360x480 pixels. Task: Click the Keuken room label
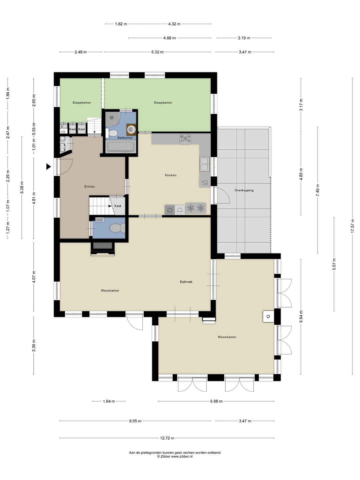[170, 175]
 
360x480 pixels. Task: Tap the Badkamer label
[125, 138]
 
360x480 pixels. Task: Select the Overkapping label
[244, 190]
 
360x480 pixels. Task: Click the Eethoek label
[186, 282]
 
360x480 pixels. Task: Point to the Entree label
[89, 186]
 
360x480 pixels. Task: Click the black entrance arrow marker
[48, 167]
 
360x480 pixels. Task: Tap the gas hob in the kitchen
[185, 139]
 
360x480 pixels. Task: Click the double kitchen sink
[205, 164]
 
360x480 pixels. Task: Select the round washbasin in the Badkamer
[132, 129]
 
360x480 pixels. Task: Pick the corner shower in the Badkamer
[112, 119]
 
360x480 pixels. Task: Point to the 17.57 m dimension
[352, 226]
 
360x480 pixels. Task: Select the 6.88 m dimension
[216, 401]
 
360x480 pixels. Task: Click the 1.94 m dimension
[109, 401]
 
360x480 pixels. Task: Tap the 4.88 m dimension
[169, 38]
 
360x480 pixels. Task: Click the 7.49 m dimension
[318, 190]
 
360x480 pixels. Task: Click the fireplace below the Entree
[103, 249]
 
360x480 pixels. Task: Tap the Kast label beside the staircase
[118, 206]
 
